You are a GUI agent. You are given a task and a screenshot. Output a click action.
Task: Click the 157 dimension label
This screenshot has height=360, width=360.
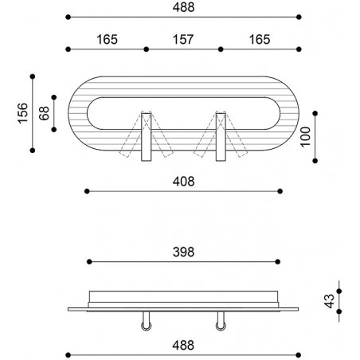183,40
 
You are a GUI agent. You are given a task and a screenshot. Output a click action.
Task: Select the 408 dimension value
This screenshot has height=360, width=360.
183,182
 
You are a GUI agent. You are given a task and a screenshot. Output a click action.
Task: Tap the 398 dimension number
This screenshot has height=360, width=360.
183,252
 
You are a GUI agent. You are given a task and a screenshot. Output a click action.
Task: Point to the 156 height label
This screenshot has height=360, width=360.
23,113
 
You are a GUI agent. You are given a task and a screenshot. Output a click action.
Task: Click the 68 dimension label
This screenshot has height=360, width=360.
45,113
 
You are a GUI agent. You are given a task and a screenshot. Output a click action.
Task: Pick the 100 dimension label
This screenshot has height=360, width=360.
305,137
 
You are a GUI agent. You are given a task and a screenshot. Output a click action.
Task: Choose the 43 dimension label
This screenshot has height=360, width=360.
330,301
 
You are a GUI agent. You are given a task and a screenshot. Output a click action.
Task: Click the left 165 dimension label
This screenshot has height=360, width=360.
107,40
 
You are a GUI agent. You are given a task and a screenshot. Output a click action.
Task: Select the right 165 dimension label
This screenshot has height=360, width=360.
260,40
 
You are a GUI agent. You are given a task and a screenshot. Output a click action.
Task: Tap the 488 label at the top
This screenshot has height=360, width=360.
183,7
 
